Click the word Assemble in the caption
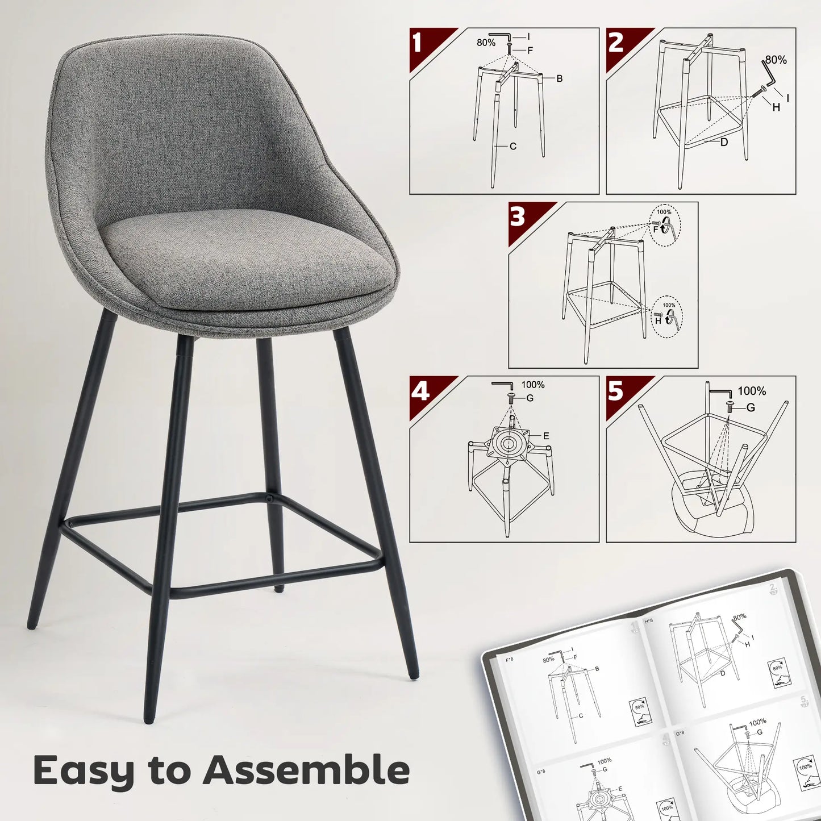[x=306, y=770]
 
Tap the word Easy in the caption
[x=84, y=772]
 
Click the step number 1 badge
[x=418, y=43]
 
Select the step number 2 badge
[x=616, y=43]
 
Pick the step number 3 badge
[x=518, y=217]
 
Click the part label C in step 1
[x=513, y=147]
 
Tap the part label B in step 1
[x=560, y=79]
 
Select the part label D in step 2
[x=724, y=143]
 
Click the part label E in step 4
[x=546, y=436]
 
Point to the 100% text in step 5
[x=752, y=391]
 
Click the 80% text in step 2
[x=776, y=59]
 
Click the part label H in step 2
[x=776, y=107]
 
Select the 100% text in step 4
[x=533, y=385]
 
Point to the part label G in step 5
[x=751, y=408]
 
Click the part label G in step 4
[x=530, y=398]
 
